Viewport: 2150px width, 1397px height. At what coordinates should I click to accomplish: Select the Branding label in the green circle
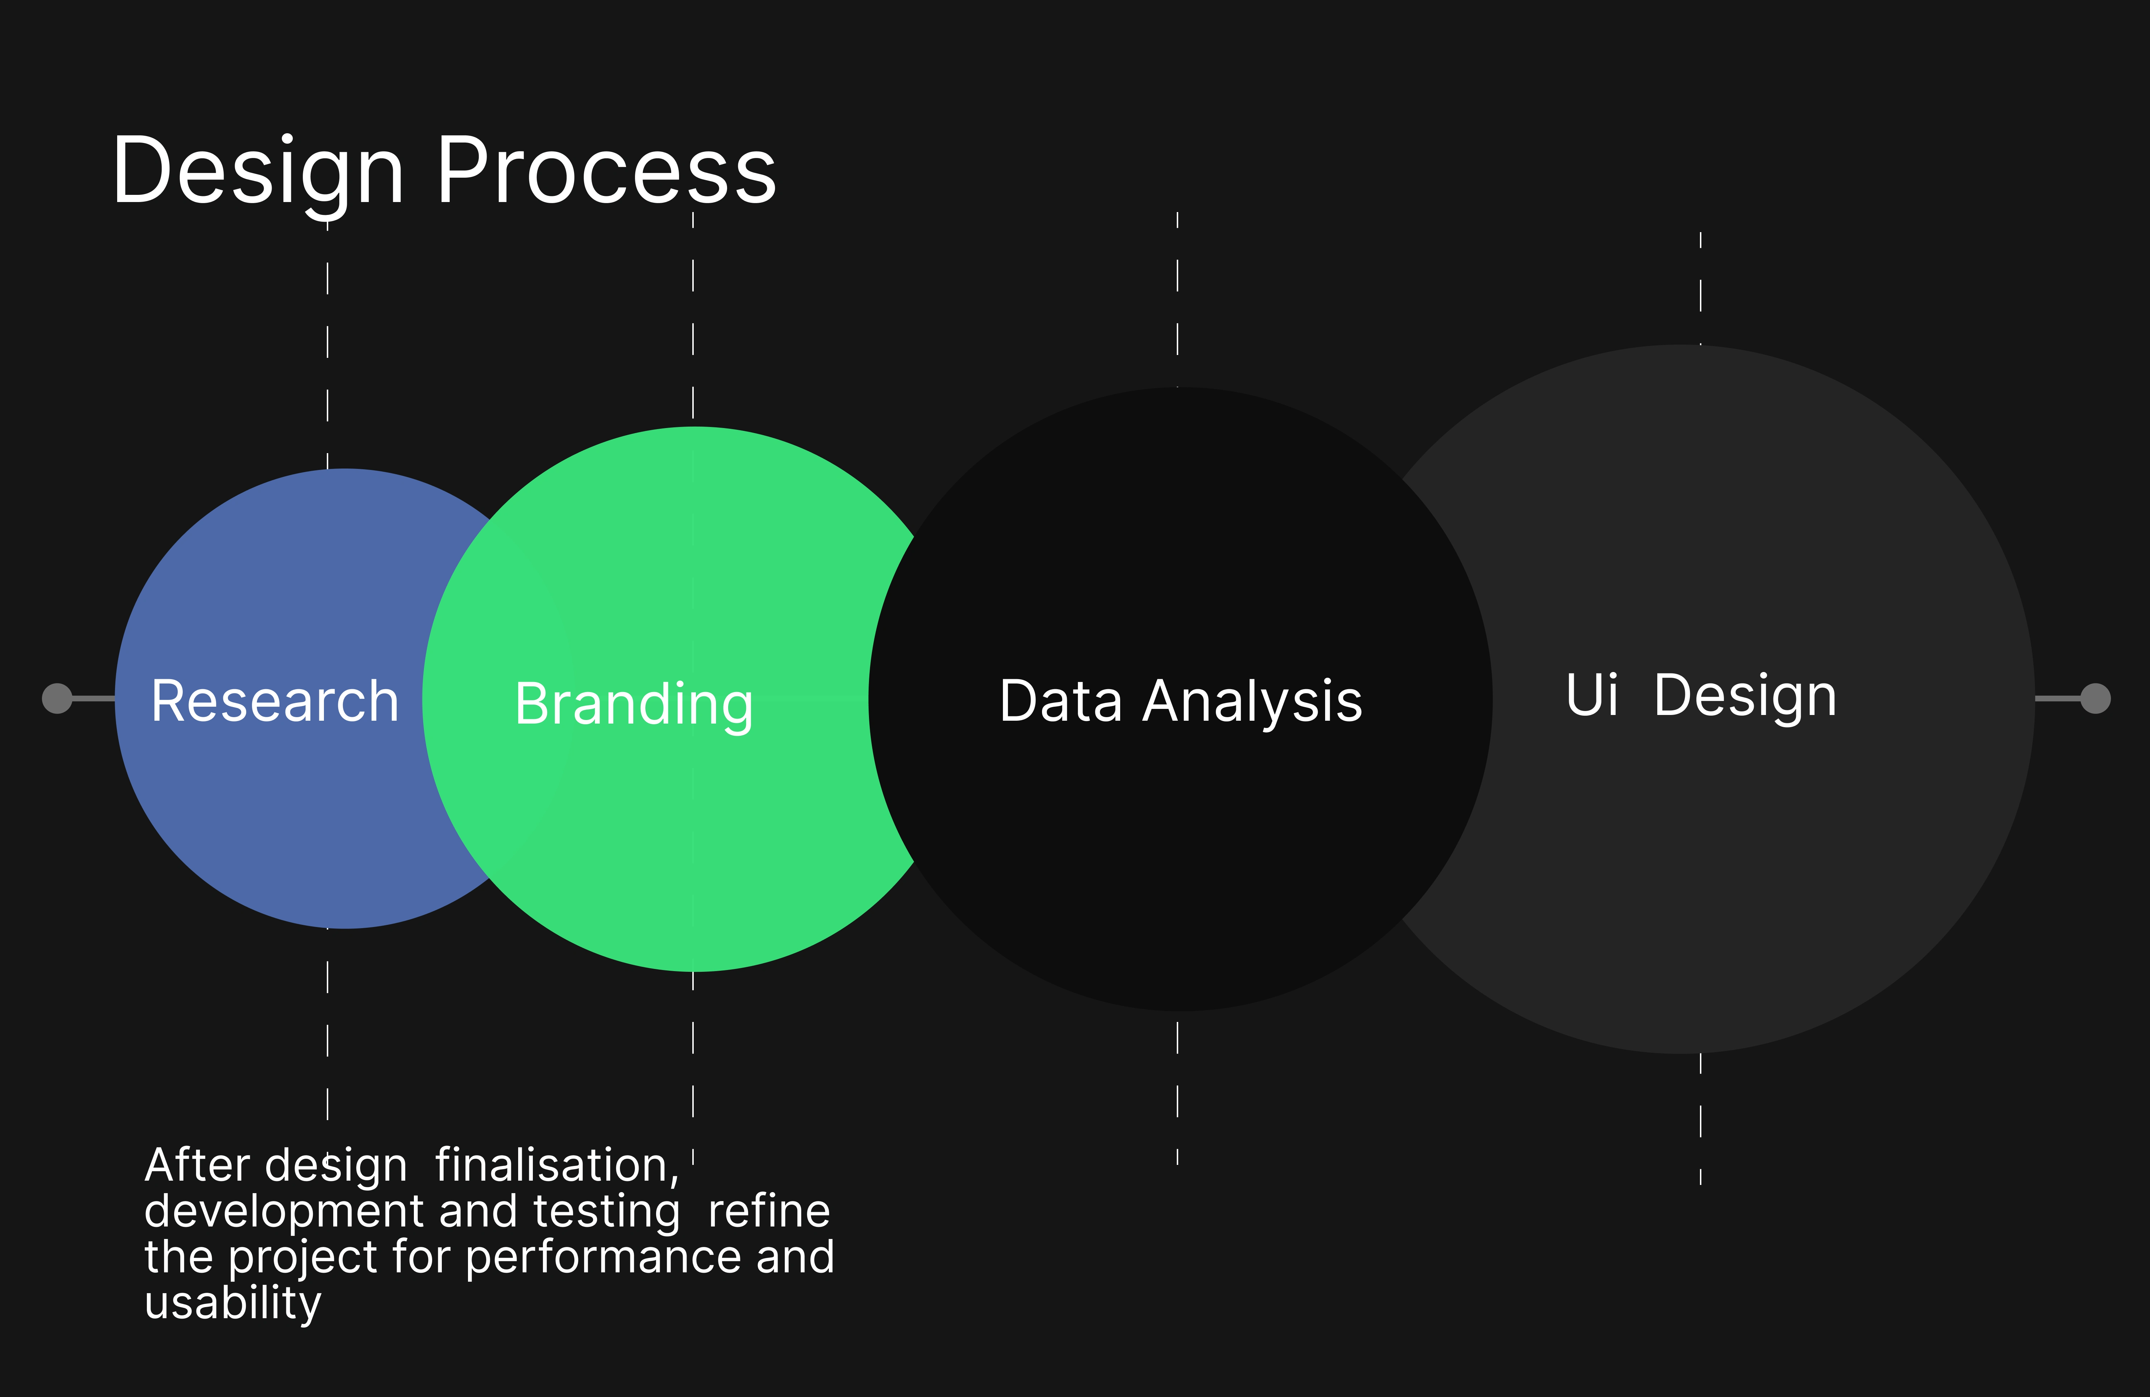point(633,704)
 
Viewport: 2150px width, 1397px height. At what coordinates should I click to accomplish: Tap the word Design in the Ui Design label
point(1745,696)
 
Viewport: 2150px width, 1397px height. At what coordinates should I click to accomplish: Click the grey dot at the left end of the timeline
point(57,698)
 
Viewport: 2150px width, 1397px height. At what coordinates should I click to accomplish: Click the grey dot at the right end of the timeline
point(2096,698)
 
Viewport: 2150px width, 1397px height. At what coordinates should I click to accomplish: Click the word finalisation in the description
point(556,1165)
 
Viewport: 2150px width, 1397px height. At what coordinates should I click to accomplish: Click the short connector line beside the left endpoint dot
point(93,698)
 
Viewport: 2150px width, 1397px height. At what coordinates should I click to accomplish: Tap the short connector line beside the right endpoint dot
point(2058,698)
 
